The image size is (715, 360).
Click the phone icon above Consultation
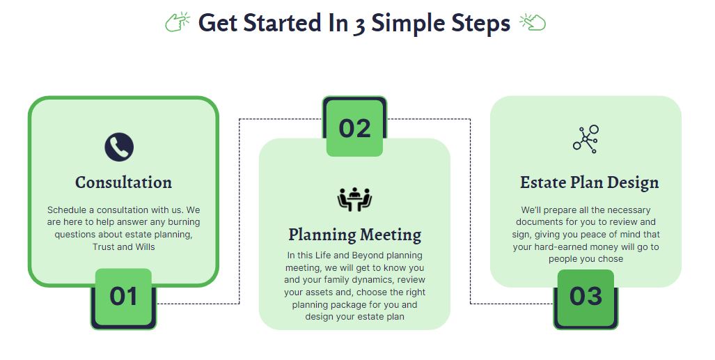119,147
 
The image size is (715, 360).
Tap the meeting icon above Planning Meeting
354,199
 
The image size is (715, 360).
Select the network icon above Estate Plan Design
586,139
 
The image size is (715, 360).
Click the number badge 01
123,297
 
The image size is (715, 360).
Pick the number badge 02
354,127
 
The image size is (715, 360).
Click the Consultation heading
123,182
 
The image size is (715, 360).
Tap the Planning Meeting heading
355,235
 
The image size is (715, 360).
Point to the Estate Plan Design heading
589,182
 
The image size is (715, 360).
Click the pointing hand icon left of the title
178,22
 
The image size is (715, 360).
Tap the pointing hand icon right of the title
533,22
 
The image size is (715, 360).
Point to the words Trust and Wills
123,246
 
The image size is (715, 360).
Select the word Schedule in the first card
67,210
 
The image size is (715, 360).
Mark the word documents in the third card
539,222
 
